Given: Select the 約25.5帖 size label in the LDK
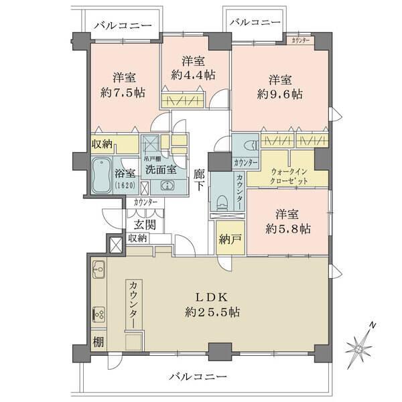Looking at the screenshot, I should click(214, 312).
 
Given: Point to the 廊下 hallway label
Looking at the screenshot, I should click(199, 179).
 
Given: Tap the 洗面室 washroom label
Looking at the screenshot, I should click(162, 170).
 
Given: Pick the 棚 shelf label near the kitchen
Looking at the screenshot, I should click(98, 341).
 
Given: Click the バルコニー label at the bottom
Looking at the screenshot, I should click(198, 377).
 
